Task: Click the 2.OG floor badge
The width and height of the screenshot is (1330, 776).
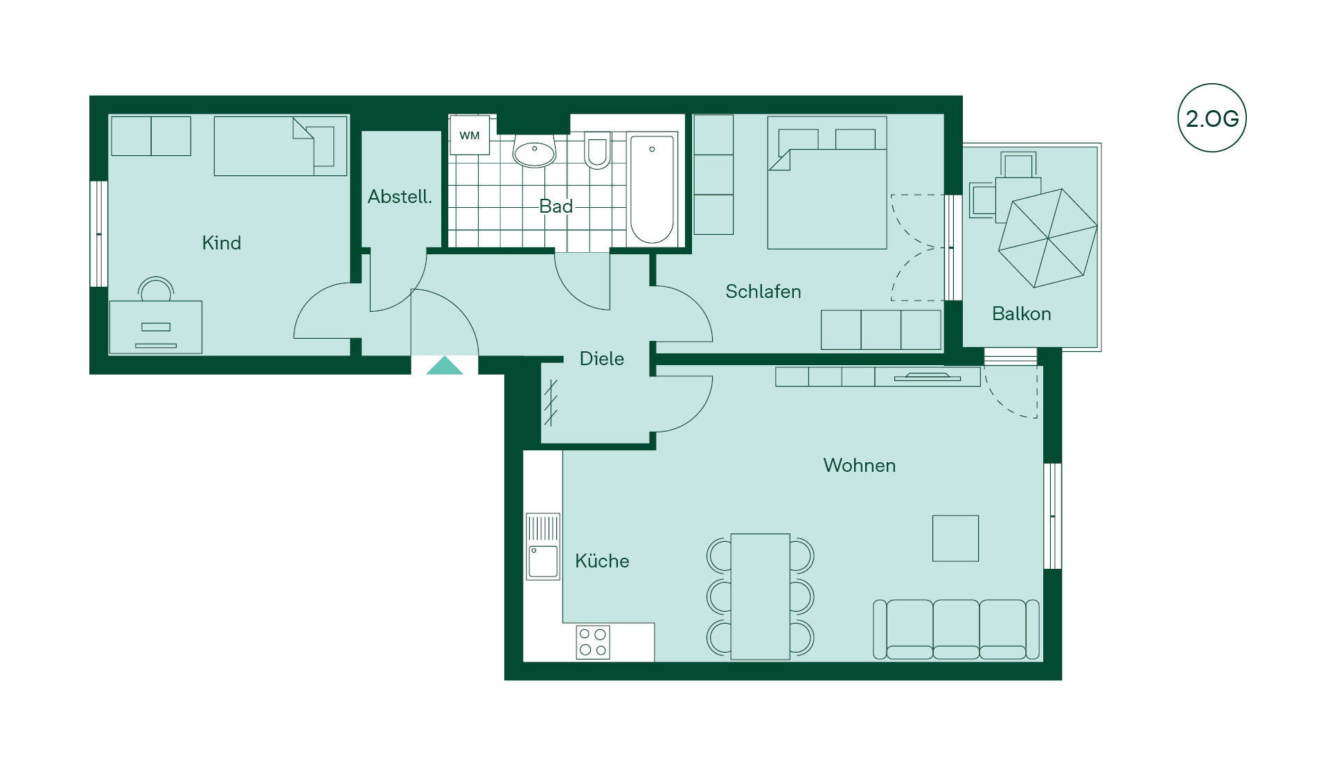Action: point(1212,118)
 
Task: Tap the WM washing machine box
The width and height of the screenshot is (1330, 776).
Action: point(470,135)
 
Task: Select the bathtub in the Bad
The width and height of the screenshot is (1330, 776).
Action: point(652,188)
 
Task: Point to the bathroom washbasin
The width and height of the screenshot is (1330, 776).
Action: point(534,151)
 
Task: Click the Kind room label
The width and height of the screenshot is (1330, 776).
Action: point(222,243)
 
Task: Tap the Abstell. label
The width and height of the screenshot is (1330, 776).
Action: point(400,197)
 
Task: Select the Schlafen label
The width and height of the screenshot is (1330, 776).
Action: point(763,292)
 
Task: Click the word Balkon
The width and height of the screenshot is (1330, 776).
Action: point(1022,314)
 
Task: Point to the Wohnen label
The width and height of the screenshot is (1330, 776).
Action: point(860,466)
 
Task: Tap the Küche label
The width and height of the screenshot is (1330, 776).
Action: point(602,561)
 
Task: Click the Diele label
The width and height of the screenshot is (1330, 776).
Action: point(602,359)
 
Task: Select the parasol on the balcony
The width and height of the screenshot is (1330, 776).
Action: point(1048,238)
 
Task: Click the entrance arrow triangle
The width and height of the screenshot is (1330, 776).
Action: point(445,366)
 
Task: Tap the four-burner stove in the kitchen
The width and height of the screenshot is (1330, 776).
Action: point(593,642)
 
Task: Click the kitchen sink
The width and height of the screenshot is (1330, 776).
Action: point(543,547)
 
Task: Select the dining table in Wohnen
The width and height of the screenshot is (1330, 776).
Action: point(761,597)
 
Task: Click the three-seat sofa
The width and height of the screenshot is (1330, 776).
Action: point(956,629)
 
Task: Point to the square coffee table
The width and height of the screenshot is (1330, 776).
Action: point(956,538)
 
